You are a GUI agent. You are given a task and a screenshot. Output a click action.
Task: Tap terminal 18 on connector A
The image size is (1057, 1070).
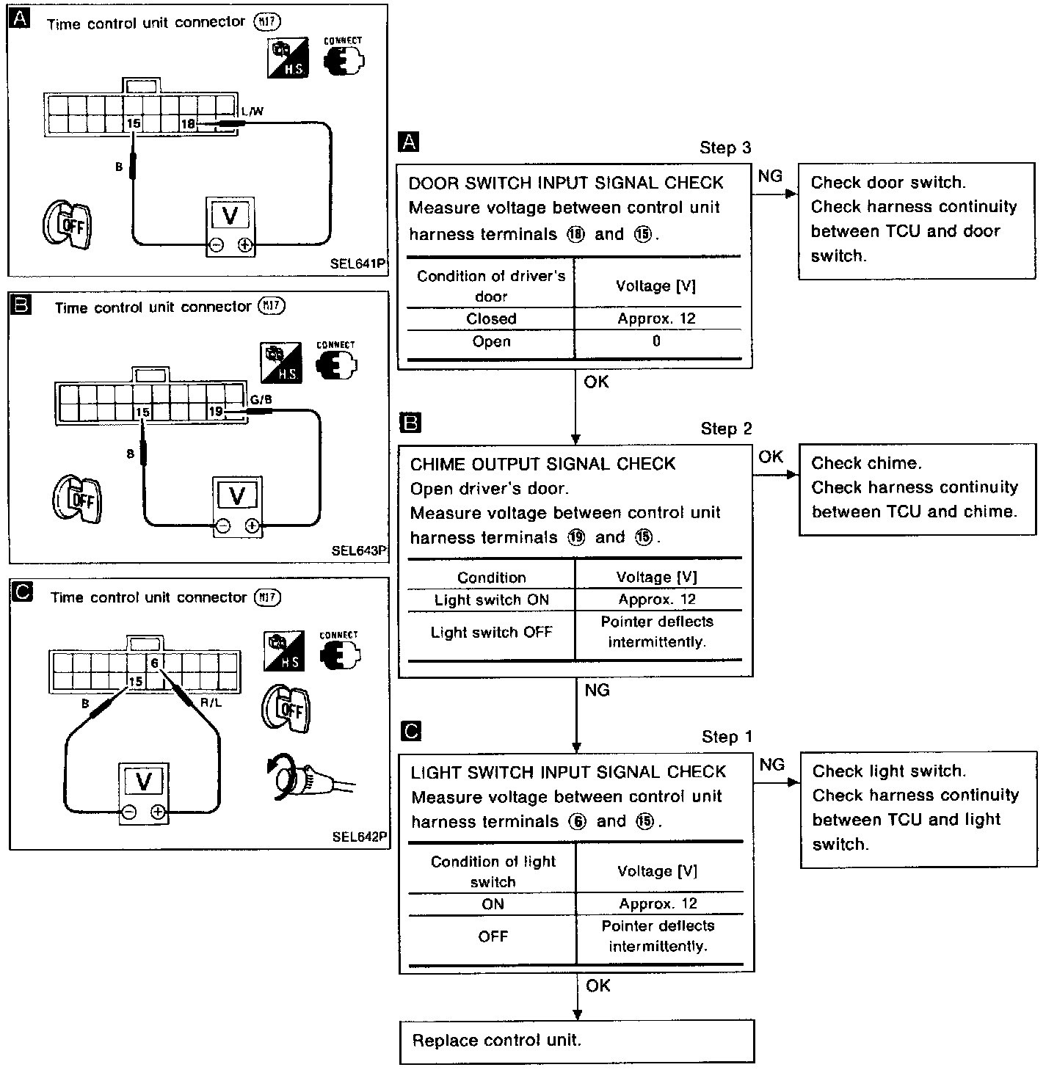[189, 124]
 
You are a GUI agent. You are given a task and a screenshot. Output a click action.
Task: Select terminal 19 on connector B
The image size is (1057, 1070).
[215, 412]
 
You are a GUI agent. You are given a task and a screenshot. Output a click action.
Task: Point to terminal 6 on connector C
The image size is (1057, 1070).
[154, 663]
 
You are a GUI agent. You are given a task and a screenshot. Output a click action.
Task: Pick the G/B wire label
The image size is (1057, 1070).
[261, 399]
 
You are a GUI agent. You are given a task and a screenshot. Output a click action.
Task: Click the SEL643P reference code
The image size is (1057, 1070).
[359, 550]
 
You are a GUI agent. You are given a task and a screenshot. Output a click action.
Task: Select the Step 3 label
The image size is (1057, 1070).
[725, 148]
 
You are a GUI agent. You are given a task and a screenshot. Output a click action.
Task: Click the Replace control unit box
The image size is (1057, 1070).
[577, 1041]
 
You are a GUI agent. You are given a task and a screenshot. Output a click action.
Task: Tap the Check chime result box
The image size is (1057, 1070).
[917, 488]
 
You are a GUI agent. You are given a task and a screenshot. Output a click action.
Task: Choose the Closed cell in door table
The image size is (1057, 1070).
[491, 319]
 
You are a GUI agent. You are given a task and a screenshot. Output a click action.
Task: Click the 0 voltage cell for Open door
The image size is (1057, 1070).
[656, 341]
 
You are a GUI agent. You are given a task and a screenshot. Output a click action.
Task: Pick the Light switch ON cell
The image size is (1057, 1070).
[491, 600]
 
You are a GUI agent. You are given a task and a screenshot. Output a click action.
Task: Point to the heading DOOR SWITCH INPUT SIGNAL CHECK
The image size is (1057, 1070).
[566, 183]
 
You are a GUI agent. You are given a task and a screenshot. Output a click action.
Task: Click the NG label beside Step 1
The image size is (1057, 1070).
[771, 765]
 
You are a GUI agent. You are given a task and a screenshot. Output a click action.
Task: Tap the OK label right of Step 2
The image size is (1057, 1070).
[771, 456]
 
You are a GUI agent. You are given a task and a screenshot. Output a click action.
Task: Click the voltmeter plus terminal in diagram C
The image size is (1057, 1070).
[158, 812]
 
